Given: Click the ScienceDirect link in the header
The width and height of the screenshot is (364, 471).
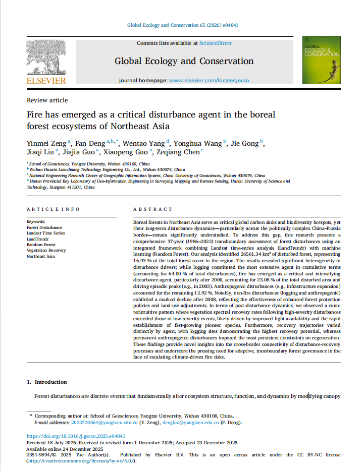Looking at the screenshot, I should pyautogui.click(x=216, y=43).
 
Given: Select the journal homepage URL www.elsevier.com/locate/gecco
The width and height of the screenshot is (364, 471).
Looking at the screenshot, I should pyautogui.click(x=209, y=80).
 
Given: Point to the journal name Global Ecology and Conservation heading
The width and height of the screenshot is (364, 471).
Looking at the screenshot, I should pyautogui.click(x=184, y=61).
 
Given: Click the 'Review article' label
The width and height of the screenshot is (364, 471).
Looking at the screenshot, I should pyautogui.click(x=47, y=100).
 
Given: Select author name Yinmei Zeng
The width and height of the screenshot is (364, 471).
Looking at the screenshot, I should pyautogui.click(x=46, y=143).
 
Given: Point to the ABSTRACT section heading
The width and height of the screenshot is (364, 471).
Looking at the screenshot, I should pyautogui.click(x=152, y=209).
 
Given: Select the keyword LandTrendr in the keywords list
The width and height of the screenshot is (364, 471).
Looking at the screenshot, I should pyautogui.click(x=37, y=239).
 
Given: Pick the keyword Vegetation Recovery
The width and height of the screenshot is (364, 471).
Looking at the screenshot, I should pyautogui.click(x=46, y=250).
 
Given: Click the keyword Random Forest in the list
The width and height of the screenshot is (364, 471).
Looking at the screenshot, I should pyautogui.click(x=41, y=245).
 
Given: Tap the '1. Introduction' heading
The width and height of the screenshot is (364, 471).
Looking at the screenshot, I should pyautogui.click(x=46, y=382).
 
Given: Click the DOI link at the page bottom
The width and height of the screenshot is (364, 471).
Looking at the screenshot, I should pyautogui.click(x=76, y=436).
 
